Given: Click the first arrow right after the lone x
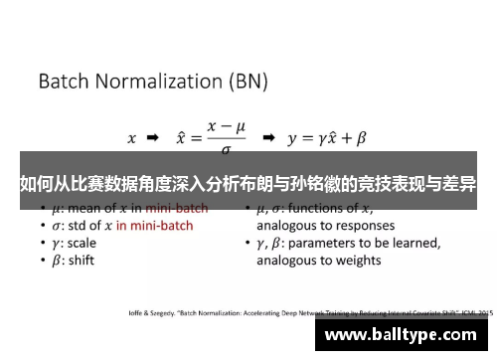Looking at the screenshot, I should click(152, 138).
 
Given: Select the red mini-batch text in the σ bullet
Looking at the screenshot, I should click(154, 226).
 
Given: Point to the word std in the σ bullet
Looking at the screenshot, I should click(71, 226).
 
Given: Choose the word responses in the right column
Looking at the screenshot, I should click(353, 226).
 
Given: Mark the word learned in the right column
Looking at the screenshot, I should click(415, 243).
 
